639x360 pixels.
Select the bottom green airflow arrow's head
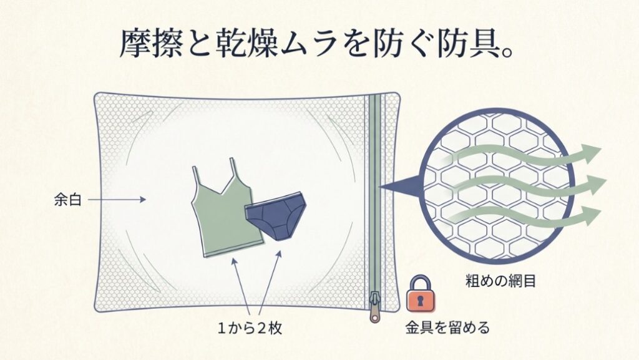[590, 216]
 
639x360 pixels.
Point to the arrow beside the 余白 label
[119, 200]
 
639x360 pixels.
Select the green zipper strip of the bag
[374, 187]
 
